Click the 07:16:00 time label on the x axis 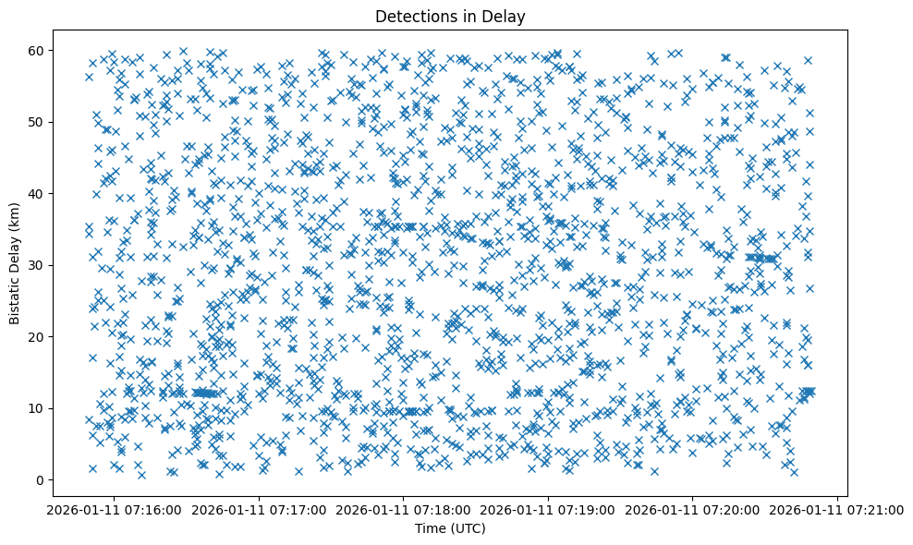click(115, 509)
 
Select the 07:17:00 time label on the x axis click(260, 509)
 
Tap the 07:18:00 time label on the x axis click(404, 509)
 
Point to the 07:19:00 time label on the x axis click(549, 509)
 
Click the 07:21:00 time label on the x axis click(838, 509)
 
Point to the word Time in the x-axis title click(429, 529)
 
